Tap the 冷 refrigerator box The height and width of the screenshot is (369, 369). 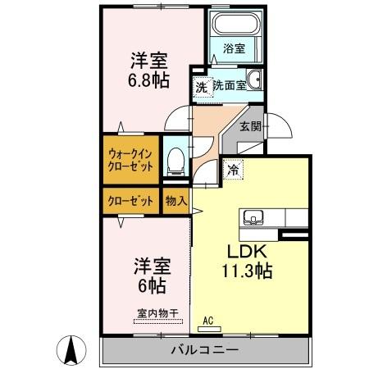[x=234, y=171]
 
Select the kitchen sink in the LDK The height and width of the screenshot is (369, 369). [x=252, y=218]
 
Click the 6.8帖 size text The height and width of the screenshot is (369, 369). [x=147, y=82]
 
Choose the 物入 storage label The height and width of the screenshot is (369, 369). [x=175, y=198]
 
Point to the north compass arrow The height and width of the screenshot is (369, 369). [x=71, y=350]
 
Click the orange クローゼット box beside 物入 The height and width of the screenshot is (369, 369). [x=129, y=198]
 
